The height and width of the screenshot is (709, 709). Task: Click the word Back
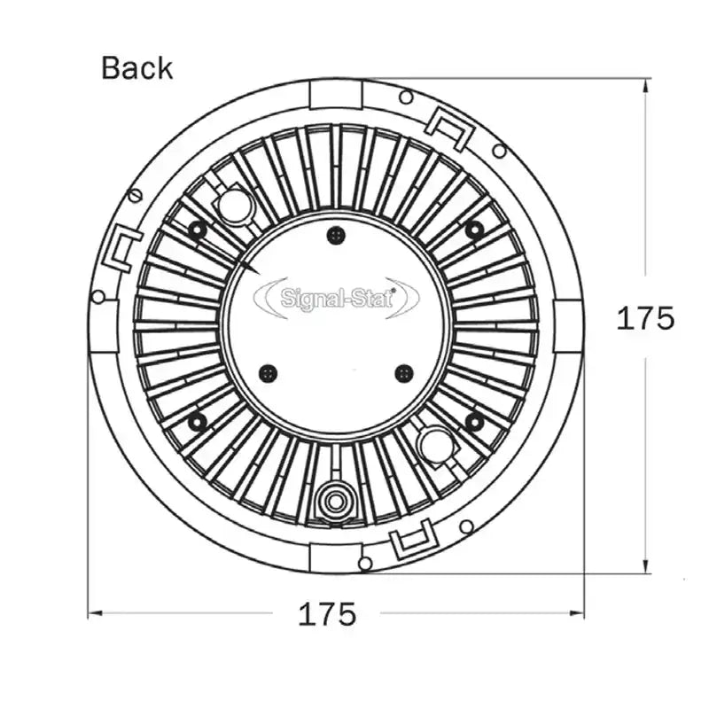pos(136,68)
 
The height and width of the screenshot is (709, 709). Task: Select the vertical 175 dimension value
pos(645,318)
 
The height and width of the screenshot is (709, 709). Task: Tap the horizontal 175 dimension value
pos(326,613)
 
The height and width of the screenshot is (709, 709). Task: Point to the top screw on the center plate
pos(335,235)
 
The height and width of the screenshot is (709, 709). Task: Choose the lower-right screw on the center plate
pos(404,373)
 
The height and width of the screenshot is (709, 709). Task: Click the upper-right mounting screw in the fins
pos(474,230)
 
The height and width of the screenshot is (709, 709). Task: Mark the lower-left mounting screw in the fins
pos(197,422)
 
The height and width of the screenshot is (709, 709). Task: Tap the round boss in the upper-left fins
pos(236,206)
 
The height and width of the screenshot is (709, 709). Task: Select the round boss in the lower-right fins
pos(436,446)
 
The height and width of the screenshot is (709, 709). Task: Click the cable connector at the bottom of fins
pos(334,502)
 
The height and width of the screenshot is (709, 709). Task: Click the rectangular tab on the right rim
pos(568,325)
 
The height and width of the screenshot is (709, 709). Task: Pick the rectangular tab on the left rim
pos(104,325)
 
